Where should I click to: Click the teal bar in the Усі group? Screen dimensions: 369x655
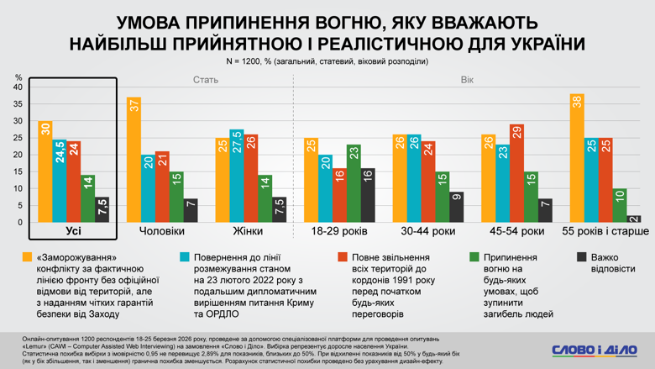(x=60, y=181)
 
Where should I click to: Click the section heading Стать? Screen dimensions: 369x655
(x=206, y=81)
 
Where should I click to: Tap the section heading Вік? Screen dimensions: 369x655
(x=467, y=81)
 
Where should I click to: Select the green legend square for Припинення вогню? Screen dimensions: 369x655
(x=474, y=258)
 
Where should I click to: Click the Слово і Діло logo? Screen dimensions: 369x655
(x=595, y=350)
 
